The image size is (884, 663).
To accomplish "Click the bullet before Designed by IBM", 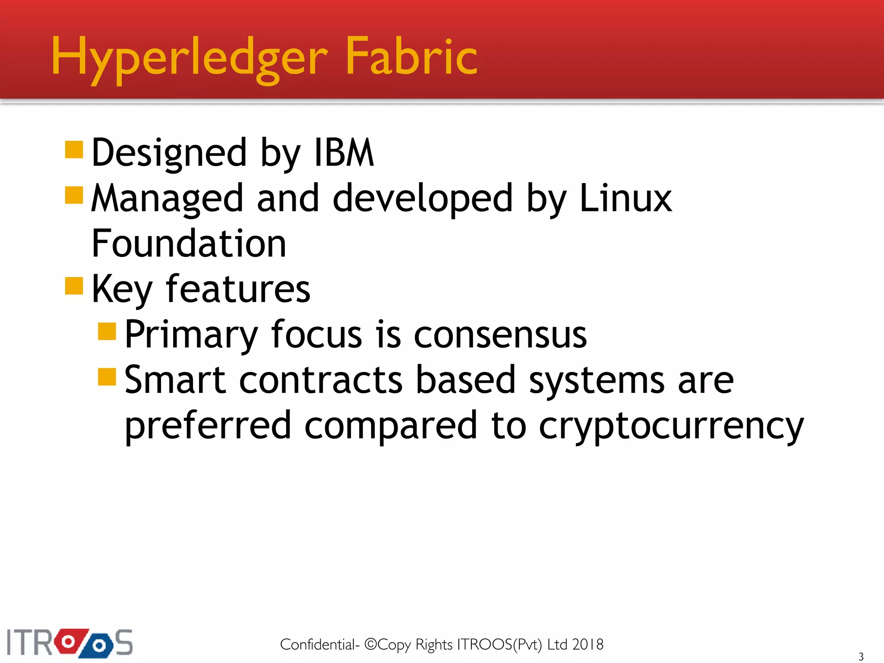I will coord(74,150).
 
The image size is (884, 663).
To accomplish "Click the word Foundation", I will coord(189,243).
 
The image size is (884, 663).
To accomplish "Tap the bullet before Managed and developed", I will coord(74,195).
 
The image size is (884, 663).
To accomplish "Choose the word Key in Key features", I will coord(122,290).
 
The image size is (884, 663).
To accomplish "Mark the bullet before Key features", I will coord(74,286).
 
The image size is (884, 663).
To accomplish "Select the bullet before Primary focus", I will coord(107,331).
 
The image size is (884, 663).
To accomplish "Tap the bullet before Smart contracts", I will coord(107,377).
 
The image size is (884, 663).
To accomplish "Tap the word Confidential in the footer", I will coord(318,644).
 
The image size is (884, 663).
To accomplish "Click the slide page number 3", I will coord(861,657).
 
